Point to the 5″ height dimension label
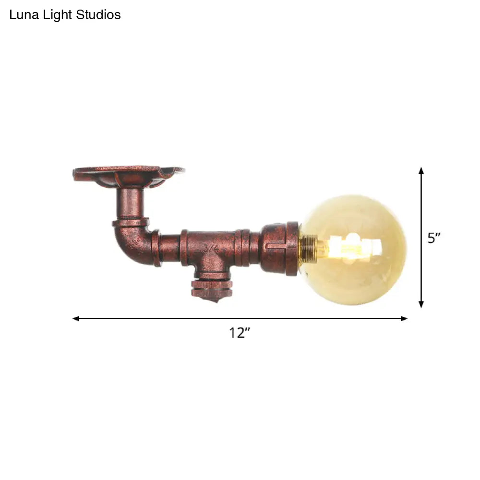(434, 238)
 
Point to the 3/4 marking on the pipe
(210, 248)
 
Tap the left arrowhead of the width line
(75, 318)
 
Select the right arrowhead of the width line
(404, 318)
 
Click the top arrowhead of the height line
(421, 171)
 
